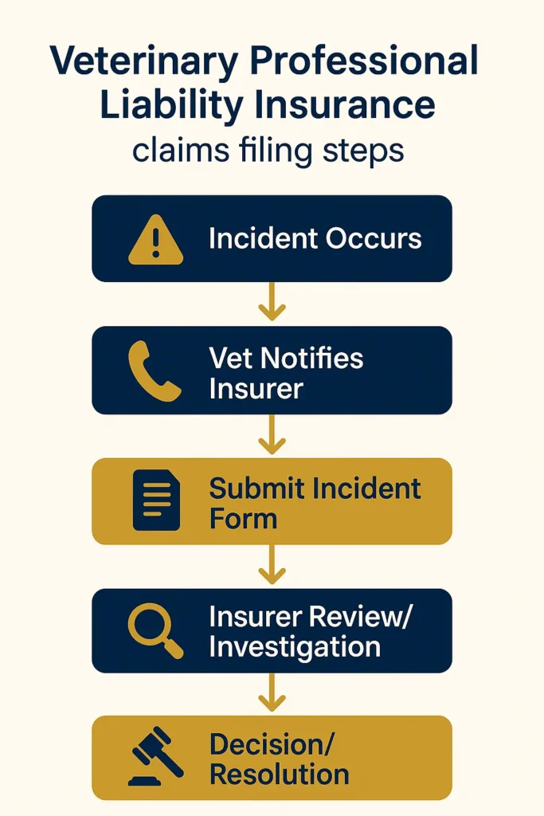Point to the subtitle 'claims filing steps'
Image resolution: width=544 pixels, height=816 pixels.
pos(268,150)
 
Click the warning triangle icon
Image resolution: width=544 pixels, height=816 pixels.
pos(155,239)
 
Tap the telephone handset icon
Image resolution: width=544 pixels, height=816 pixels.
pos(155,371)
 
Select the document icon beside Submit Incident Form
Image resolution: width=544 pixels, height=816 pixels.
pos(156,500)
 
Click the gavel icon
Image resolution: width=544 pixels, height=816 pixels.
pos(156,758)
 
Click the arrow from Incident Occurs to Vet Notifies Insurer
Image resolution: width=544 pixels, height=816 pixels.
pos(272,304)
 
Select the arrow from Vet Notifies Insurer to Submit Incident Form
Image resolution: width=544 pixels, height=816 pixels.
pos(272,435)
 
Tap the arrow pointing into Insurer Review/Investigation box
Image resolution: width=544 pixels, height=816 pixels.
pos(272,566)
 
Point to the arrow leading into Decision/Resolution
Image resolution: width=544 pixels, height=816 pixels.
pos(272,693)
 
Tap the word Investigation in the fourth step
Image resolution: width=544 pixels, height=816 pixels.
pos(295,647)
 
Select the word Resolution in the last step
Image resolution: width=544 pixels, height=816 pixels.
pos(279,775)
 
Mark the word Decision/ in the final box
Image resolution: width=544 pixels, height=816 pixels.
pos(272,744)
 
